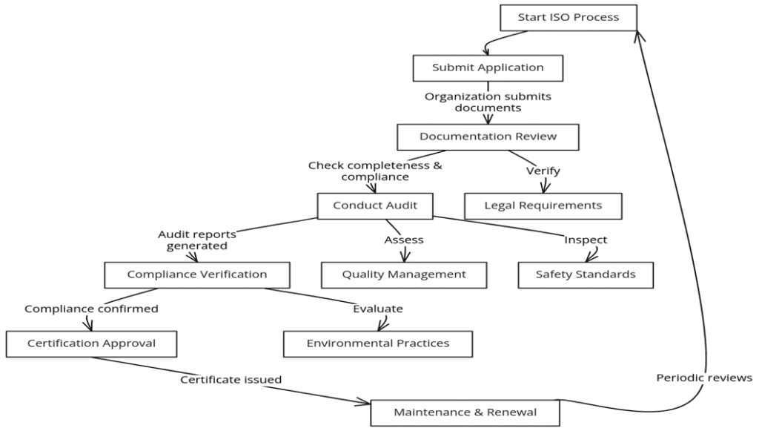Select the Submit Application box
[x=488, y=68]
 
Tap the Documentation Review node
[x=488, y=136]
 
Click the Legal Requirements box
[x=543, y=205]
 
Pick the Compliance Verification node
[x=196, y=274]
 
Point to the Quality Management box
[x=404, y=274]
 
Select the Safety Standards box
[x=586, y=274]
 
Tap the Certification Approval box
[x=91, y=343]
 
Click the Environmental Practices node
[x=378, y=343]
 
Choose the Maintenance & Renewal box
[x=465, y=412]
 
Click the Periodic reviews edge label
[x=704, y=378]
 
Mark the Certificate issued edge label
[x=231, y=380]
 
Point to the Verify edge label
[x=543, y=171]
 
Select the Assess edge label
[x=404, y=240]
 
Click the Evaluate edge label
[x=378, y=309]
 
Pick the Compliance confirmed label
[x=91, y=309]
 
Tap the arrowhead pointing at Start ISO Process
[x=640, y=33]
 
